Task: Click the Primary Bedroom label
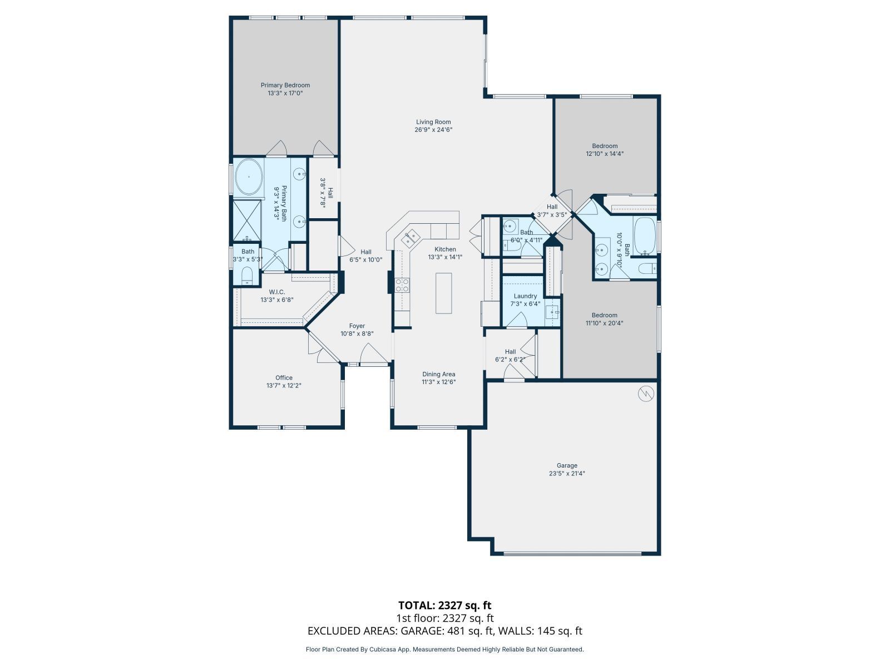coord(285,85)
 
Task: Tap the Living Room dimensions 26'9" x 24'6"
coord(433,130)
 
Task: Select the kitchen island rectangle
coord(443,293)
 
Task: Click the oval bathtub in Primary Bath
coord(249,177)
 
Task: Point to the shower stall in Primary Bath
coord(246,219)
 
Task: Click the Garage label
coord(567,465)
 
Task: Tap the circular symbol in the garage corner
coord(646,394)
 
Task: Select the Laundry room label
coord(525,296)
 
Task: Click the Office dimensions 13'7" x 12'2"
coord(284,385)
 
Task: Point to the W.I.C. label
coord(276,292)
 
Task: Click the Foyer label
coord(357,326)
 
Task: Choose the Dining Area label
coord(439,374)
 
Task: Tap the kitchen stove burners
coord(402,285)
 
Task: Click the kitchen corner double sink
coord(411,238)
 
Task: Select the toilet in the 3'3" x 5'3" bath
coord(247,275)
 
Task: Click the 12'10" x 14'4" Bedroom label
coord(605,146)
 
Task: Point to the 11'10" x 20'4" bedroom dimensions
coord(604,323)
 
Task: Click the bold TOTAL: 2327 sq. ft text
coord(444,605)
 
